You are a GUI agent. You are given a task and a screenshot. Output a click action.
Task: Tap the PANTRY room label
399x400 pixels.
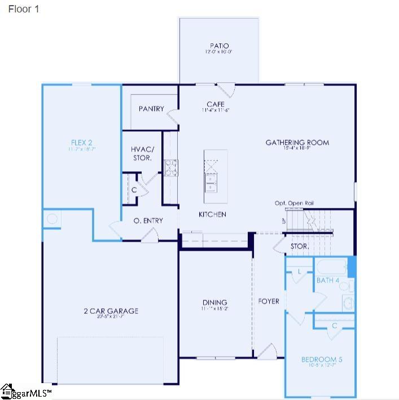click(151, 109)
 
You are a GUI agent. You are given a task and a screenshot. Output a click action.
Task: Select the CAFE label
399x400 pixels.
click(216, 104)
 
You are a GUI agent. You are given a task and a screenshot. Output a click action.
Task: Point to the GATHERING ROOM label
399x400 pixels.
click(297, 143)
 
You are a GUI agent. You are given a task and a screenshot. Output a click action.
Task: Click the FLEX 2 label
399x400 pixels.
click(82, 143)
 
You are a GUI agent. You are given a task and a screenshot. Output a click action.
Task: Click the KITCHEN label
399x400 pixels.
click(212, 214)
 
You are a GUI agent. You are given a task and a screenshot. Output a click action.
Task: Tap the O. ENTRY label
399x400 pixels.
click(148, 220)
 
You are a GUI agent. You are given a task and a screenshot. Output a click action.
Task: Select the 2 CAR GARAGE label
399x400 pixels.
click(111, 311)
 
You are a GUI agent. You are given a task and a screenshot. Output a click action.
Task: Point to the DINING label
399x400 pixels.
click(215, 303)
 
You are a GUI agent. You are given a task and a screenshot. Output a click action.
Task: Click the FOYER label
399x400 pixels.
click(269, 301)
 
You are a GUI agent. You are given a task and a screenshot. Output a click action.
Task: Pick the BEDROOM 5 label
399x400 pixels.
click(322, 359)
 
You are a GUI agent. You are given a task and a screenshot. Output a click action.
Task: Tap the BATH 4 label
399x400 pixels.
click(327, 280)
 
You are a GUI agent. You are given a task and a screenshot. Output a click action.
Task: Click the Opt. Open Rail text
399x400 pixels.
click(294, 203)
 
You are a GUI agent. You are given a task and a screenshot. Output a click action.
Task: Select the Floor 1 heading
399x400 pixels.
click(24, 10)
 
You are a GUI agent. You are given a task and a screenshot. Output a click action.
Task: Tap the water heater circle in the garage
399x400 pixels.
click(51, 219)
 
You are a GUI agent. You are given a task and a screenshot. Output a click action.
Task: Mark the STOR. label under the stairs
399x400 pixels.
click(299, 246)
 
